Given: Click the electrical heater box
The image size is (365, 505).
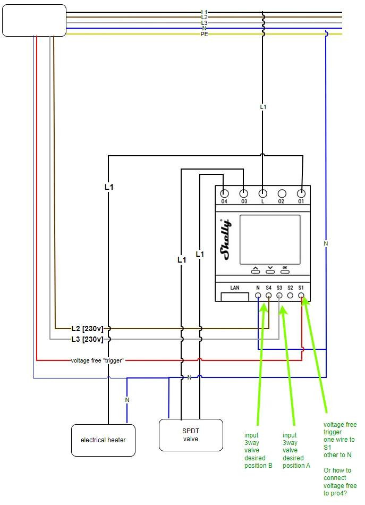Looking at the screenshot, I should (x=103, y=440).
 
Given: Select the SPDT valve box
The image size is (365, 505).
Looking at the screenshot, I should (x=191, y=435).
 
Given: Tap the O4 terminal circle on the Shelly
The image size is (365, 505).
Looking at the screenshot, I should (x=224, y=194).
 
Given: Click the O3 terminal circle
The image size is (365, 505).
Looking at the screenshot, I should (x=244, y=194).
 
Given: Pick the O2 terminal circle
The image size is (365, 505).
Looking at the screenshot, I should (x=282, y=194).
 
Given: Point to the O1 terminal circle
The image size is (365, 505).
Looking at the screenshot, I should (x=301, y=194).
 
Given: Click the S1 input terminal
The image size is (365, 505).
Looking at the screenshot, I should (x=301, y=296).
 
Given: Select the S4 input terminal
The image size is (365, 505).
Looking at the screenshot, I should (x=268, y=296).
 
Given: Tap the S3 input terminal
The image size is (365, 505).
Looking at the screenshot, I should (x=279, y=296).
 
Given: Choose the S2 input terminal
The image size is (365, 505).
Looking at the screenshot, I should (x=290, y=296).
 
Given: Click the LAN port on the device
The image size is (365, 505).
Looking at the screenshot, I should (x=235, y=293).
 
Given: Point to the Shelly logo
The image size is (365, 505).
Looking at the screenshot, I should (x=226, y=239).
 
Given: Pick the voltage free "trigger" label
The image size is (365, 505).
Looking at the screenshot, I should (x=97, y=360).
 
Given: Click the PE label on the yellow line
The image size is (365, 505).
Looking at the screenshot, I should (x=205, y=34).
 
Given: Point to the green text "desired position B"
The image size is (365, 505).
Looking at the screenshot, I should (x=258, y=461).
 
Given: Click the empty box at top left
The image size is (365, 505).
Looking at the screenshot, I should (x=35, y=20).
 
